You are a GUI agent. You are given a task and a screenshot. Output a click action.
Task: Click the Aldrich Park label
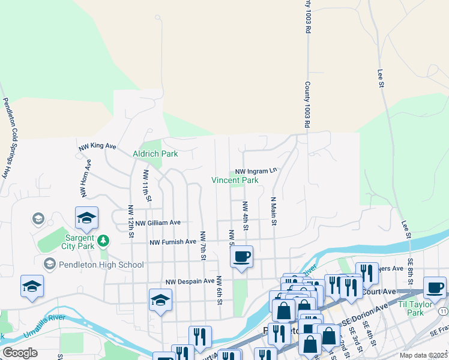click(155, 154)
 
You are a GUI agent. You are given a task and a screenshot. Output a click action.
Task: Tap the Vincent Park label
click(235, 180)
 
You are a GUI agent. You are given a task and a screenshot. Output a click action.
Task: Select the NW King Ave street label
click(97, 146)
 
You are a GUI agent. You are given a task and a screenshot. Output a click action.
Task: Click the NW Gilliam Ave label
click(158, 222)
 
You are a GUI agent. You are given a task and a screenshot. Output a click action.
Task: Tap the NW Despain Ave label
click(190, 281)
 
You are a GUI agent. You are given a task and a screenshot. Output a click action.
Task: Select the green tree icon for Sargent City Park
click(104, 241)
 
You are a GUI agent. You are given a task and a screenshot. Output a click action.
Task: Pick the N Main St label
click(273, 212)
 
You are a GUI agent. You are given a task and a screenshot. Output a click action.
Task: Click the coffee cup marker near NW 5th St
click(241, 257)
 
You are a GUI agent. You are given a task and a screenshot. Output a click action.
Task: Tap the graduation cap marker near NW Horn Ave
click(86, 218)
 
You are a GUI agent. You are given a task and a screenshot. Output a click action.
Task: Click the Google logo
click(20, 353)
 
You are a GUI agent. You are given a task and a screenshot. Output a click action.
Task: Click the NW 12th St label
click(130, 221)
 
